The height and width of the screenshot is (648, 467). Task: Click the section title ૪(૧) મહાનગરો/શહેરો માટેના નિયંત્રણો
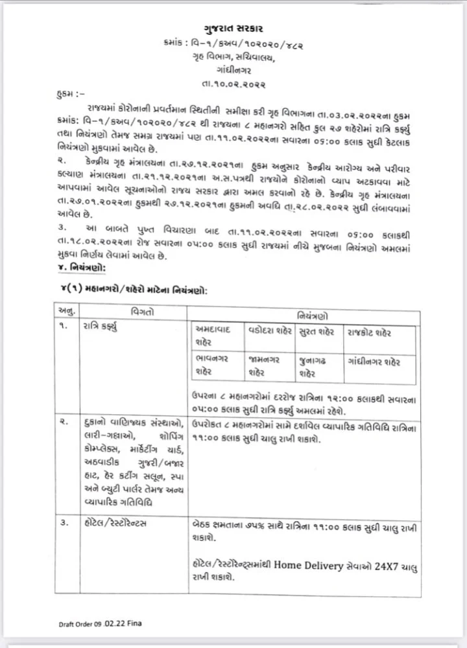(138, 291)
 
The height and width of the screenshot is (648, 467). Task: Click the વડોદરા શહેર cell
(269, 332)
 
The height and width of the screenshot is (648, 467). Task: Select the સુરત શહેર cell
(317, 332)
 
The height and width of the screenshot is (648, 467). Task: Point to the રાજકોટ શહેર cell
(368, 332)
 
